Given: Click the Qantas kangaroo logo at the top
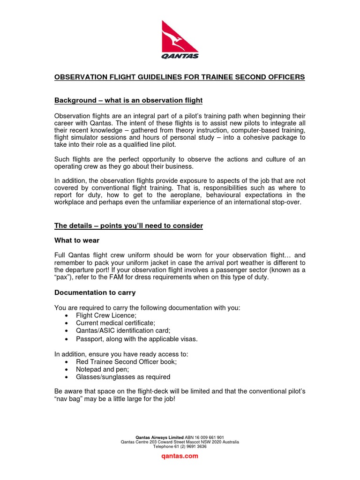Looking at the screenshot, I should point(180,39).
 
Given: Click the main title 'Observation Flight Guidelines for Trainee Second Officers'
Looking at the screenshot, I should point(180,77).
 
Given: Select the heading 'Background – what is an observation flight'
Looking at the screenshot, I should point(128,100).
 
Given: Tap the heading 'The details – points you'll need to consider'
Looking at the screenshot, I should point(128,225).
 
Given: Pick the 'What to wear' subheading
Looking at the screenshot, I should point(77,240).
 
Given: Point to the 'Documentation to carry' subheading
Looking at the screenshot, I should point(95,292).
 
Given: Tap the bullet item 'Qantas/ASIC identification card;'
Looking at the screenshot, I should point(123,330).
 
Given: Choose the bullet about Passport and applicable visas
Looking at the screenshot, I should point(137,338).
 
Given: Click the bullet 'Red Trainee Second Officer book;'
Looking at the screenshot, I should point(126,362).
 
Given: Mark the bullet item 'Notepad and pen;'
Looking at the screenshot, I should point(102,369).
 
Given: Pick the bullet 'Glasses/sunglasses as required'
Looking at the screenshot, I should point(123,377).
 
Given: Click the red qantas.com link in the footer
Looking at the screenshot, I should point(180,456).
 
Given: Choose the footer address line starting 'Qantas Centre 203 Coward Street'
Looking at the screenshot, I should point(180,442).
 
